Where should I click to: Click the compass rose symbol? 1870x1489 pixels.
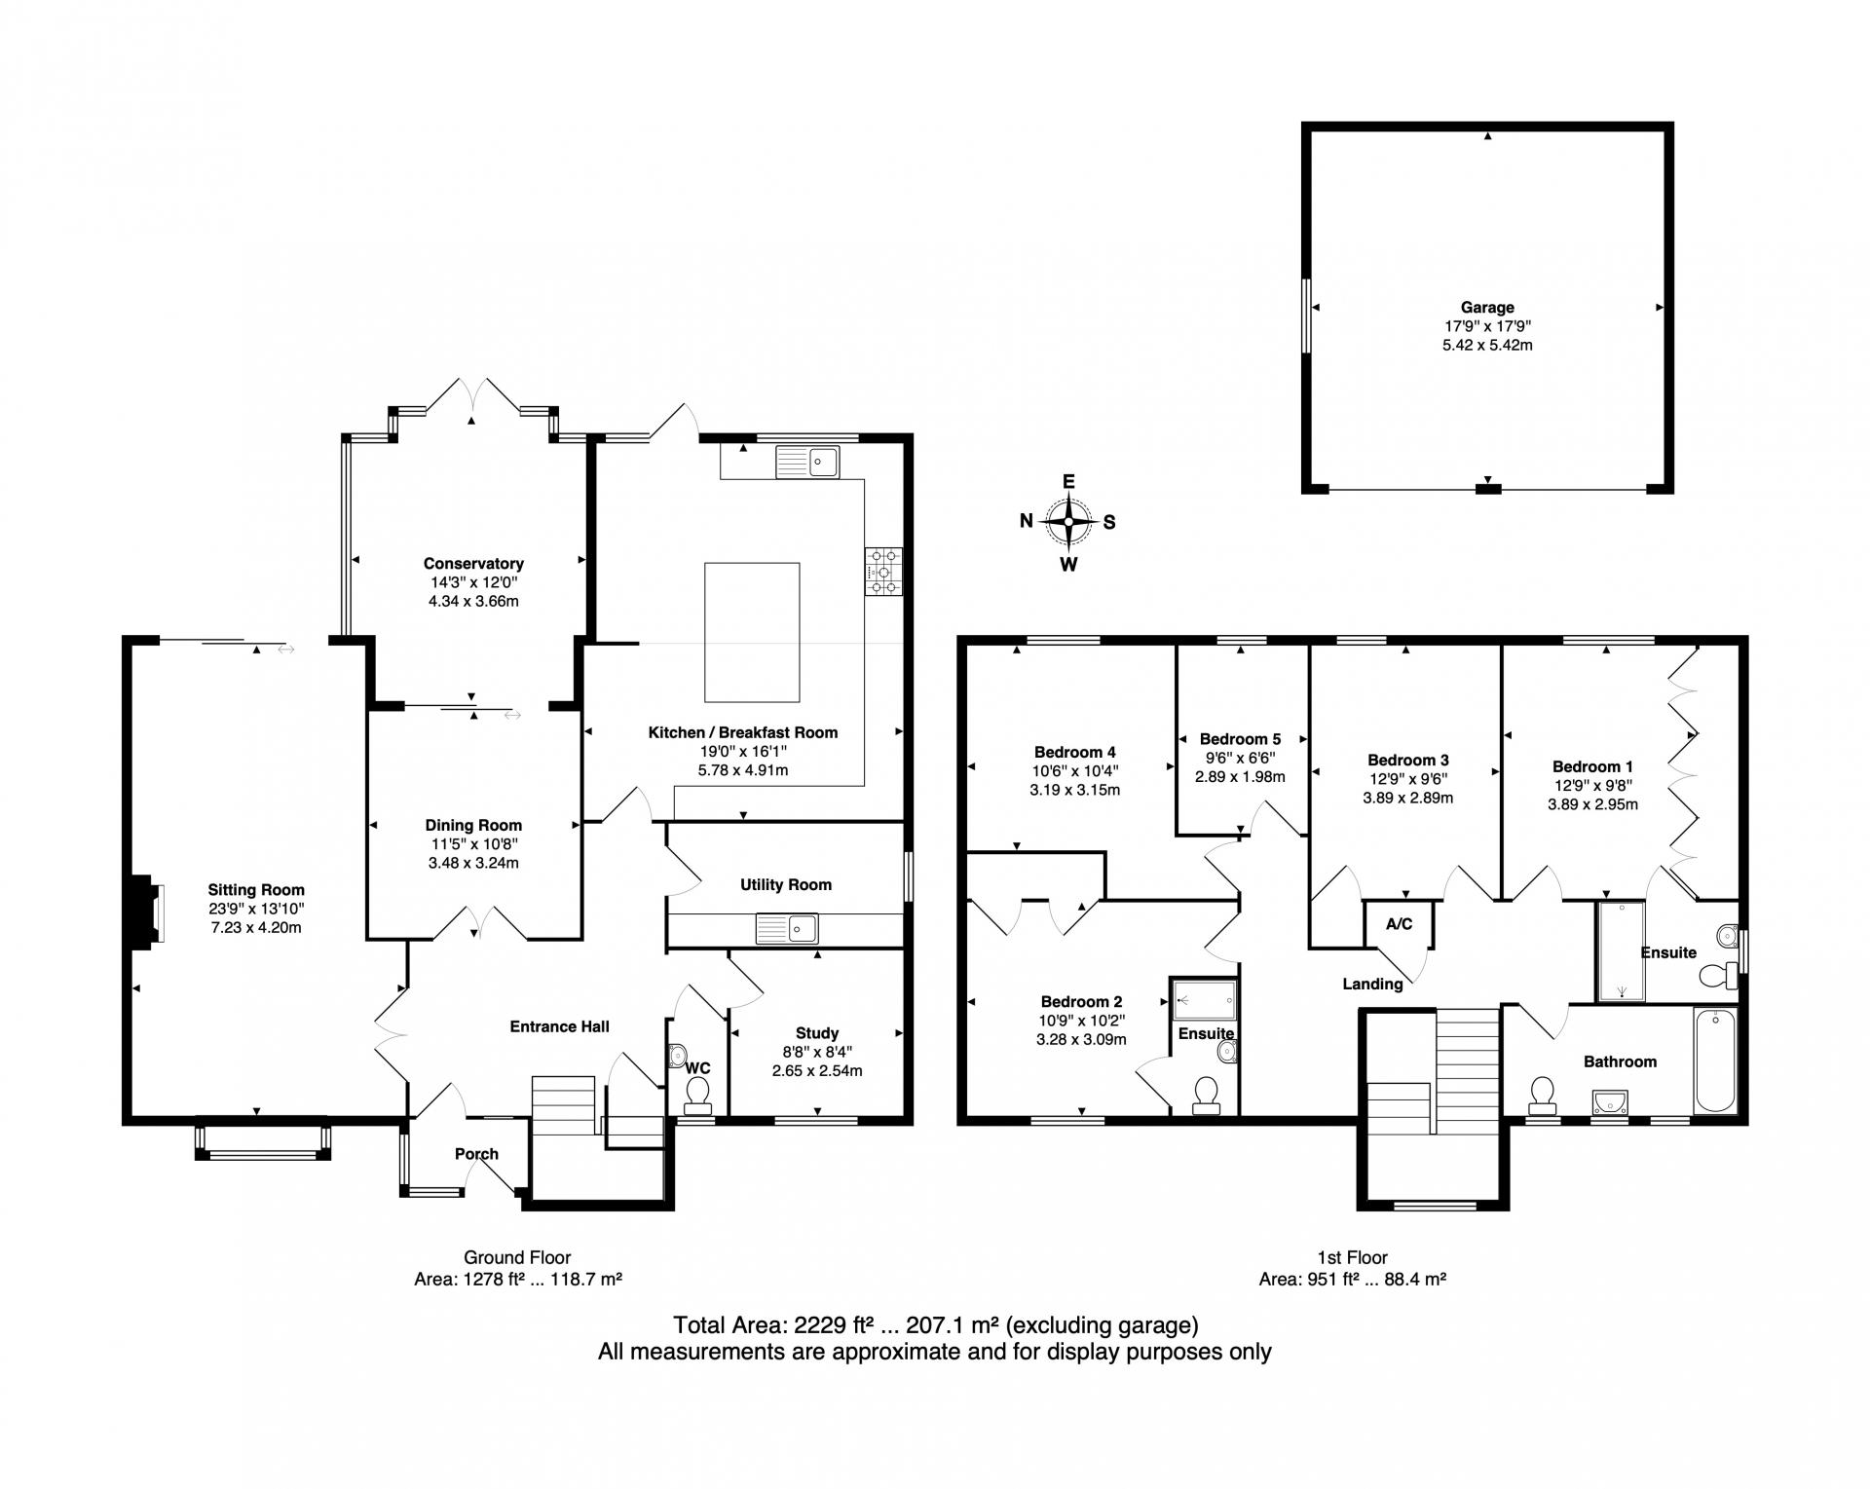click(x=1068, y=522)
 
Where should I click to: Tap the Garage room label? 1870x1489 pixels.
click(x=1487, y=308)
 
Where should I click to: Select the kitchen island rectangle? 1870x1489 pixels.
click(x=752, y=632)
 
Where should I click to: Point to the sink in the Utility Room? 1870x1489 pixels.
click(x=787, y=929)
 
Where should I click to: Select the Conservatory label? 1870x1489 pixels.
click(x=473, y=564)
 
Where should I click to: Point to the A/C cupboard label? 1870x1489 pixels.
click(x=1399, y=924)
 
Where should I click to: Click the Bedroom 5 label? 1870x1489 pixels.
click(x=1240, y=739)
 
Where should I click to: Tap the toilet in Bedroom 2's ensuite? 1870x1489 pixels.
click(x=1206, y=1095)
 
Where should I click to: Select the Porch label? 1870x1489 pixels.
click(x=476, y=1154)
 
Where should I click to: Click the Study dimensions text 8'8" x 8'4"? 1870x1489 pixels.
click(x=817, y=1052)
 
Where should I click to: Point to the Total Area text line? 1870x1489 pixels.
click(x=935, y=1325)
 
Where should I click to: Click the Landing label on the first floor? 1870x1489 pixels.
click(x=1372, y=984)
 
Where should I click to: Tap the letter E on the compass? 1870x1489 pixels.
click(x=1068, y=482)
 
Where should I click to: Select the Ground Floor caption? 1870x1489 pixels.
click(x=517, y=1257)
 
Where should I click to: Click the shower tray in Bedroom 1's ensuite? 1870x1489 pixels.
click(x=1622, y=950)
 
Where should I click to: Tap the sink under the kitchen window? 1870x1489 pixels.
click(x=807, y=462)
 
